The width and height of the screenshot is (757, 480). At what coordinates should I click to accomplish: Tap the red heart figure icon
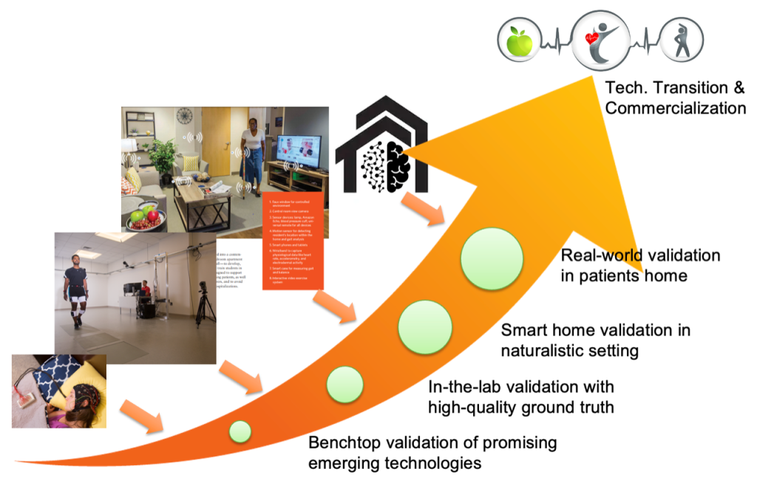point(600,40)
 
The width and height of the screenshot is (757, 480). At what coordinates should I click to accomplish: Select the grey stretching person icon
point(680,41)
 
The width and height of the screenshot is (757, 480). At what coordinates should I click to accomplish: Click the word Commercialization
point(674,108)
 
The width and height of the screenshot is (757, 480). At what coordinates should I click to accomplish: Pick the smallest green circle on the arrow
point(240,431)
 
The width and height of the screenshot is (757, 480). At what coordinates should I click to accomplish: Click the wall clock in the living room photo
point(185,116)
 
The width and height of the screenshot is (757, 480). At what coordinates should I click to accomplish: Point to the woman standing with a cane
point(251,154)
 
